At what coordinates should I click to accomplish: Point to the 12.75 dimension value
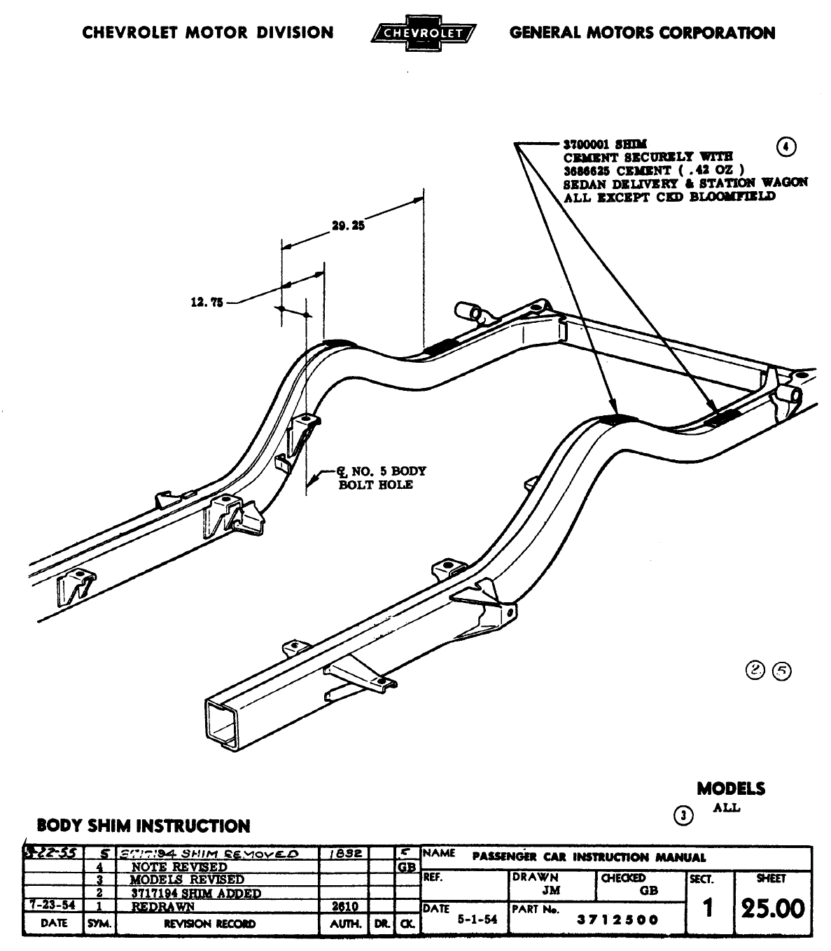coord(207,303)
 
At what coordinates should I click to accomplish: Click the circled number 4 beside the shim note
coord(787,146)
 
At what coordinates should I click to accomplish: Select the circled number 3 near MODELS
coord(684,815)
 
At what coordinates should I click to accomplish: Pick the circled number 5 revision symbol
coord(781,671)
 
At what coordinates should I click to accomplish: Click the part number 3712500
coord(617,920)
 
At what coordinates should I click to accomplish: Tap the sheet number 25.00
coord(773,909)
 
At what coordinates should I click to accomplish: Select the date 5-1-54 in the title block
coord(477,920)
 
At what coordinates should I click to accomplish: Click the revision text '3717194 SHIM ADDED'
coord(196,894)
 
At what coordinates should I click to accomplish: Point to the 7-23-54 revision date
coord(53,905)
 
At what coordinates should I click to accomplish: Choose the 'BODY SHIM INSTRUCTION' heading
coord(143,826)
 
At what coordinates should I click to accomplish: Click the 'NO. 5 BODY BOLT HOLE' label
coord(378,478)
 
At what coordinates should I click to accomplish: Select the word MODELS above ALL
coord(730,789)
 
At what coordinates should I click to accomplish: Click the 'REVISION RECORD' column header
coord(209,924)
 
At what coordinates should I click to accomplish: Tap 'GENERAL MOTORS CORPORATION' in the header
coord(642,33)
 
